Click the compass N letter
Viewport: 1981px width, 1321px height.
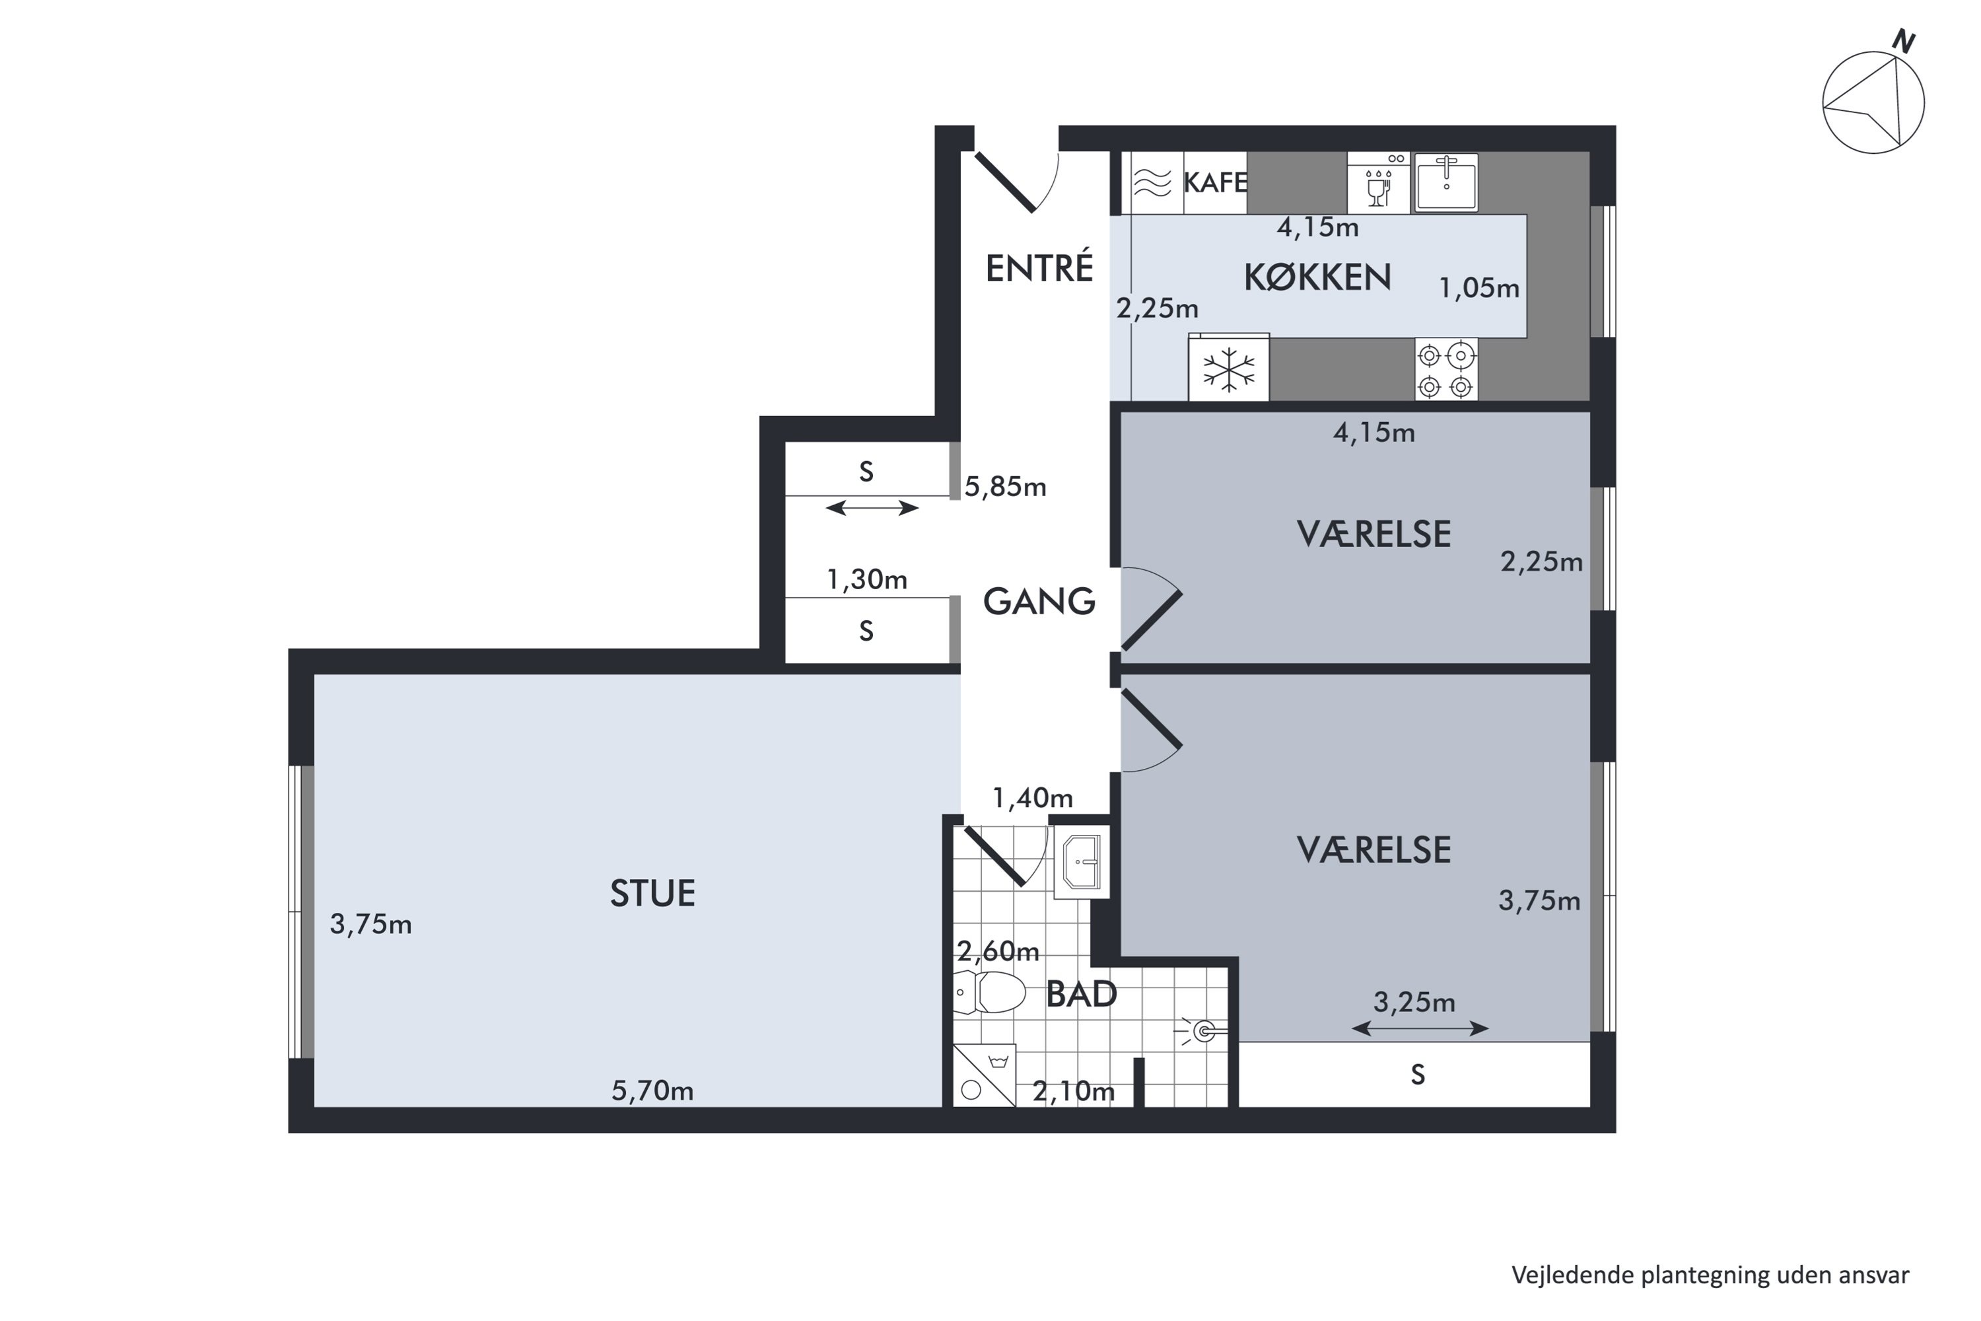tap(1904, 40)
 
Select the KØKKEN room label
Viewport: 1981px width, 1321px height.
tap(1317, 277)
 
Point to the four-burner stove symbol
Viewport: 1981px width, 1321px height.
tap(1446, 369)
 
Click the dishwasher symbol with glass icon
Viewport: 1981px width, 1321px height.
tap(1378, 183)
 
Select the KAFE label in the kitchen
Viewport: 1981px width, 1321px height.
tap(1214, 182)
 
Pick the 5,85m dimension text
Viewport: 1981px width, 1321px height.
tap(1005, 487)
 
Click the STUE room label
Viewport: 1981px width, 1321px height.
tap(653, 893)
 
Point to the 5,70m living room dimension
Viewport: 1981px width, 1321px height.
tap(653, 1091)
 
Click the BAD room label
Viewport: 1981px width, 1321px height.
tap(1082, 994)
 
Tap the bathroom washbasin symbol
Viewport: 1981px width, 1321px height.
tap(1082, 862)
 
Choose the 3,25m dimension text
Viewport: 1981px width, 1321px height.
tap(1414, 1002)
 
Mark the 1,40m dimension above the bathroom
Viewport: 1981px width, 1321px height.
tap(1033, 798)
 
